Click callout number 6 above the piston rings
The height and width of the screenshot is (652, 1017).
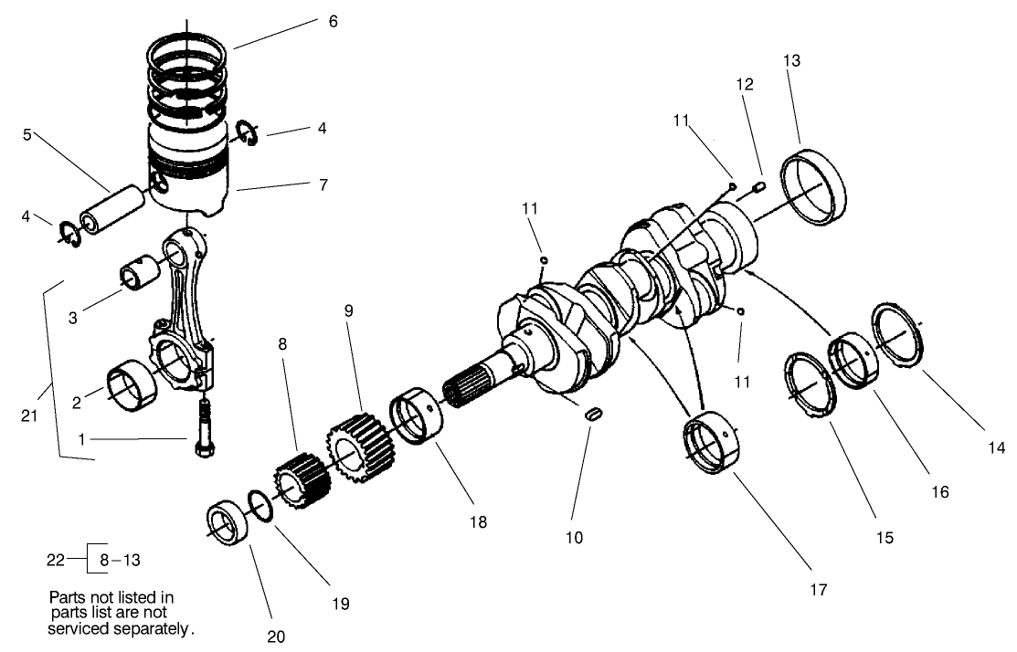point(333,20)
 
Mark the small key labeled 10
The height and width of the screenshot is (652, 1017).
point(593,414)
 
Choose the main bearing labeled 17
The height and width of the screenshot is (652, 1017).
point(713,445)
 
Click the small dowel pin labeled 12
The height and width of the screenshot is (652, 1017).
point(758,187)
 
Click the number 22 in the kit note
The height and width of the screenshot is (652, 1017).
point(57,556)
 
